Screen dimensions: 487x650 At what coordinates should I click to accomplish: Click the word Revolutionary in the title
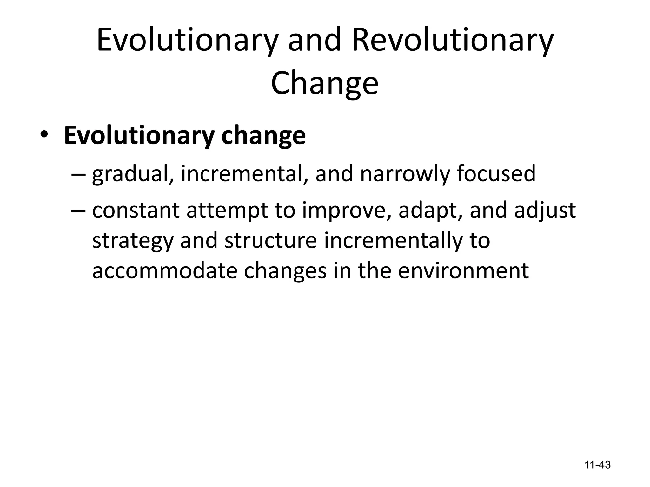(452, 41)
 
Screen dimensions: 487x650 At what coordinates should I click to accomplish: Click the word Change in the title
(325, 83)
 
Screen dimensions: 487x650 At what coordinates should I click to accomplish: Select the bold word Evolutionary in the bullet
(139, 136)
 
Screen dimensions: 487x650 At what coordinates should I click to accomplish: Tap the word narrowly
(405, 174)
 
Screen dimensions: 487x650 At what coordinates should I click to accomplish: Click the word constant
(136, 211)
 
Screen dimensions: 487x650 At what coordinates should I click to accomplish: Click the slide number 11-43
(598, 465)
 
